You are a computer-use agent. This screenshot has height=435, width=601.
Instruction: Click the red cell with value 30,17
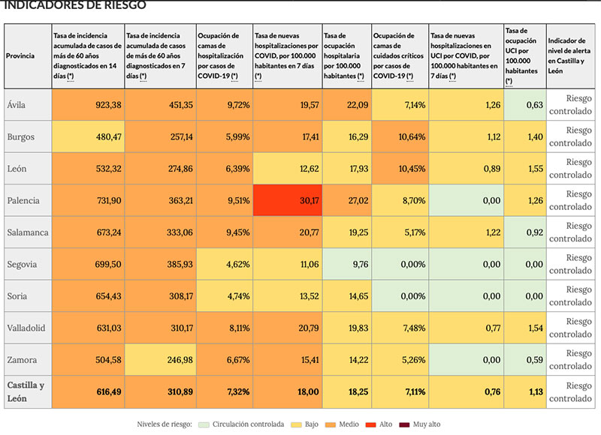tap(287, 200)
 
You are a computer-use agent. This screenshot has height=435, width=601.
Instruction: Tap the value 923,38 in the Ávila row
tap(88, 105)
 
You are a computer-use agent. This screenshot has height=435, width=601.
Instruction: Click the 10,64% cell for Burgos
tap(400, 136)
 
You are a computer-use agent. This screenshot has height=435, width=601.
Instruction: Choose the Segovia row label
tap(23, 264)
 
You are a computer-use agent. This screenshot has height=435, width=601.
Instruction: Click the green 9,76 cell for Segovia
tap(346, 264)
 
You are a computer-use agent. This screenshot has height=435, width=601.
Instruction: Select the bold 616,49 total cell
tap(88, 391)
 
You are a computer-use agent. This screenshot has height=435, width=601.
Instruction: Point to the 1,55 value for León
tap(524, 169)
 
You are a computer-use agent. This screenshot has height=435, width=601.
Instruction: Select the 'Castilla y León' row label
tap(26, 391)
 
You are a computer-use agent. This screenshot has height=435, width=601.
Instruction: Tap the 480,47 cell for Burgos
tap(88, 136)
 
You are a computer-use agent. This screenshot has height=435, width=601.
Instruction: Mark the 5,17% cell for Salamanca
tap(400, 232)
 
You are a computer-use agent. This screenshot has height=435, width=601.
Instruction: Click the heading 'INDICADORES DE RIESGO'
tap(75, 5)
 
